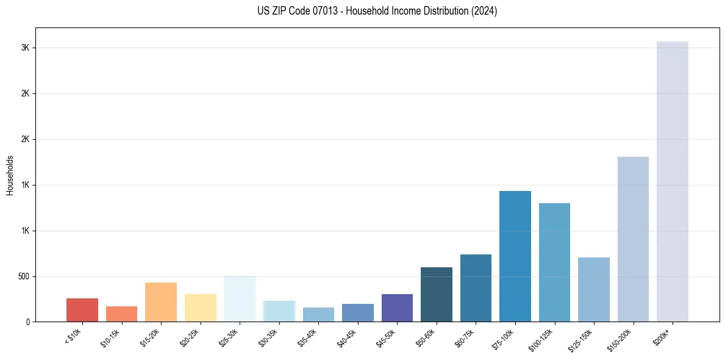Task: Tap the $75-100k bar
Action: point(515,256)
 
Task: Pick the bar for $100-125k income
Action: point(554,262)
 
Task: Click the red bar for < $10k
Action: point(82,310)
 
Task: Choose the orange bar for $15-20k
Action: point(161,302)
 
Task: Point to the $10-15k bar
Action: point(121,314)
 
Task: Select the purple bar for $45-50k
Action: point(397,308)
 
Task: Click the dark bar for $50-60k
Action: point(437,294)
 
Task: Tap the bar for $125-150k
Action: point(594,289)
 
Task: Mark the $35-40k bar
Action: point(318,314)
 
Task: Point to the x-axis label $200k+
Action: point(662,336)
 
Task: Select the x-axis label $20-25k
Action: point(190,338)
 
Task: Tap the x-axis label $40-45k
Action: point(347,338)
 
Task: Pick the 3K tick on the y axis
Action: point(26,48)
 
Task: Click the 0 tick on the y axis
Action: point(28,322)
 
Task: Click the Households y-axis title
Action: point(10,175)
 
